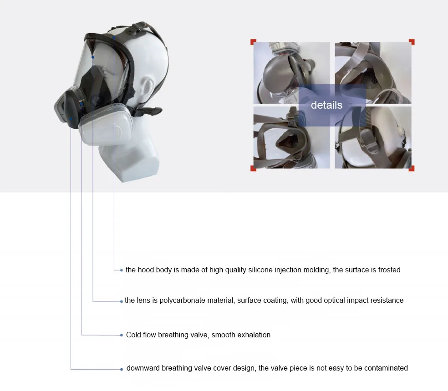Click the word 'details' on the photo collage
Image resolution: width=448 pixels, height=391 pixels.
pos(326,105)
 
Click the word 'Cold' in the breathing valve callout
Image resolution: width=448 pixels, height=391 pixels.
pos(134,335)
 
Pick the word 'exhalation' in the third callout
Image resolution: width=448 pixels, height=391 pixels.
pos(254,335)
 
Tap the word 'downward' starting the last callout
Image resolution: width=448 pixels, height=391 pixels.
pos(143,368)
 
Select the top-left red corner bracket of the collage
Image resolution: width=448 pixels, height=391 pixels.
pos(253,42)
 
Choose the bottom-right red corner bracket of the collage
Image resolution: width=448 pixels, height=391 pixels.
pos(412,168)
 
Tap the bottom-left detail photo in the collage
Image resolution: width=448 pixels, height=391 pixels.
pos(279,139)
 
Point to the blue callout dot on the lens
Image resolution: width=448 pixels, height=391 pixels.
pos(93,57)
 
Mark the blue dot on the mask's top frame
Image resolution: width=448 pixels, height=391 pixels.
pos(114,37)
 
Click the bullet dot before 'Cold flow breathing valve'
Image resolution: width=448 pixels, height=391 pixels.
pos(122,335)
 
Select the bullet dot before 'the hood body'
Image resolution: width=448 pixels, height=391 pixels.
pos(122,270)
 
